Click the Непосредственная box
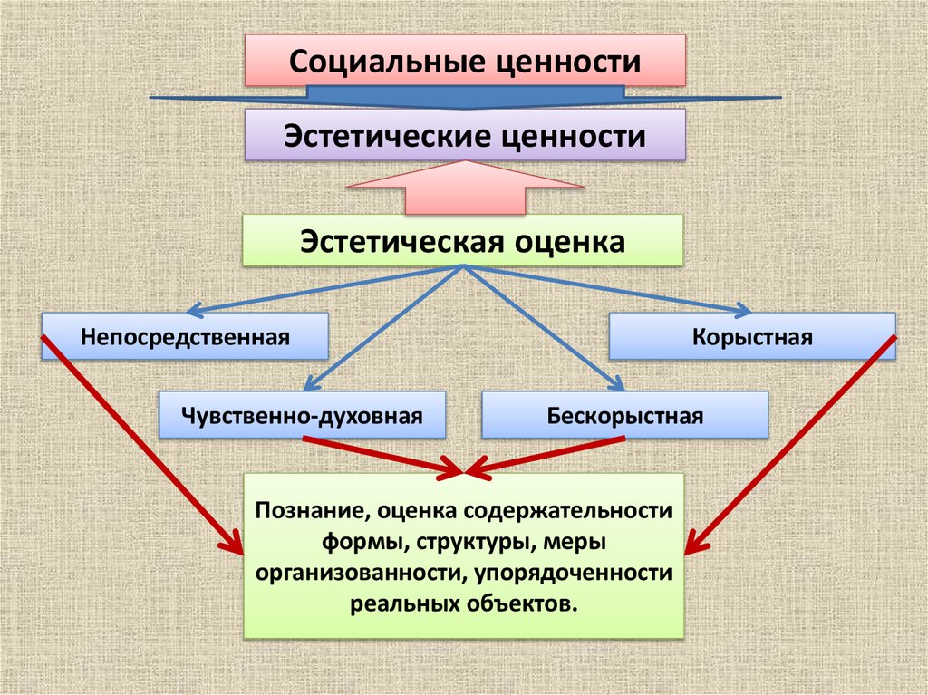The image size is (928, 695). (184, 337)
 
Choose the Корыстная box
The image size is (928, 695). (752, 337)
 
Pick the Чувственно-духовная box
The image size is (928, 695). (303, 416)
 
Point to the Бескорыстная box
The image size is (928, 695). (625, 416)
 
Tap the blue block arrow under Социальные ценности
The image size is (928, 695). (464, 94)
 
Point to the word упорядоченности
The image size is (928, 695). (588, 573)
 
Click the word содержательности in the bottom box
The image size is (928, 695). (568, 510)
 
